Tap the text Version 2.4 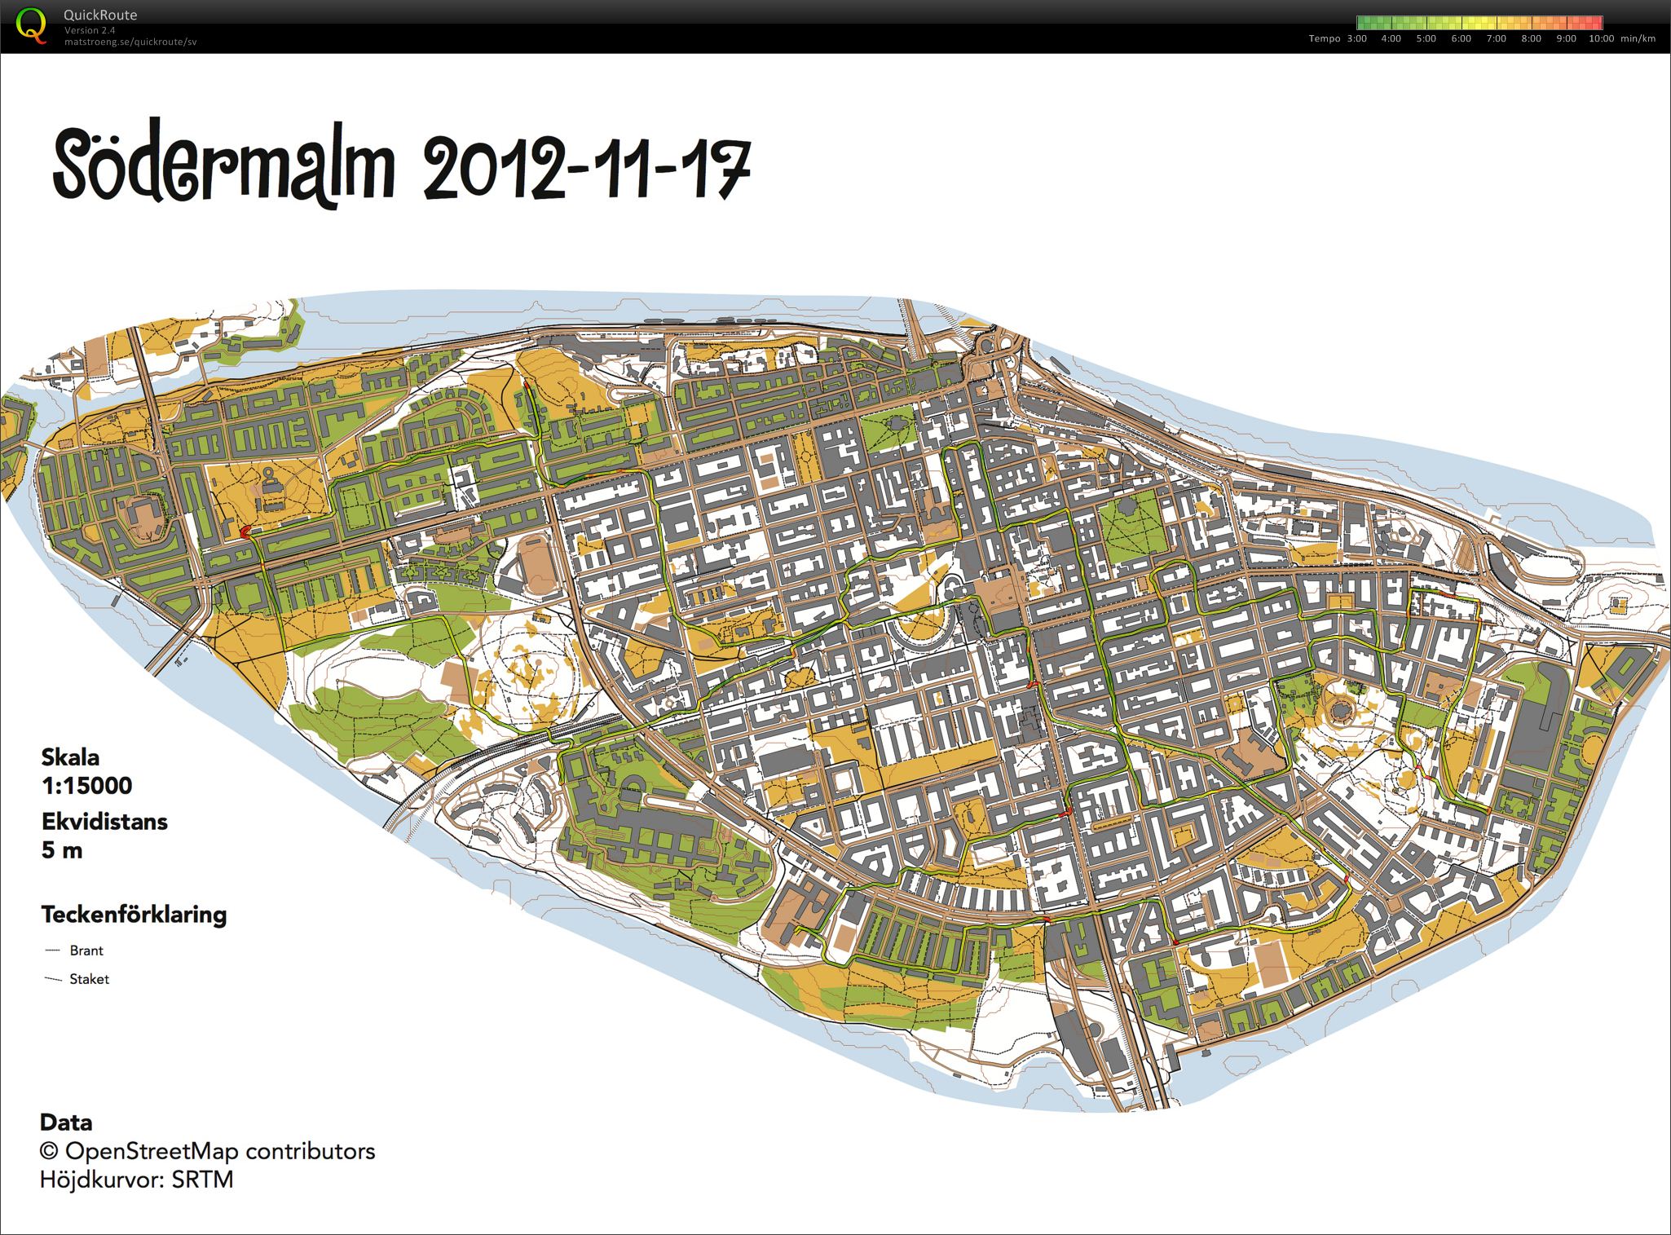[89, 30]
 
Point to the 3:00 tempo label [1357, 38]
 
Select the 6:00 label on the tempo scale [1462, 38]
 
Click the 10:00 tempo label [1601, 38]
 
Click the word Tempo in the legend [1325, 38]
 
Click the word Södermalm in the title [224, 170]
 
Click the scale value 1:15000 [86, 786]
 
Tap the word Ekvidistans [104, 822]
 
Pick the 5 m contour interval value [62, 850]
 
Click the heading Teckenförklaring [134, 915]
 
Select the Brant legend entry [86, 951]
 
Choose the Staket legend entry [89, 979]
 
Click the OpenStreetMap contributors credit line [208, 1151]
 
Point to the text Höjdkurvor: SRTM [137, 1180]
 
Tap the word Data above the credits [66, 1123]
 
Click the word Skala [70, 757]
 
